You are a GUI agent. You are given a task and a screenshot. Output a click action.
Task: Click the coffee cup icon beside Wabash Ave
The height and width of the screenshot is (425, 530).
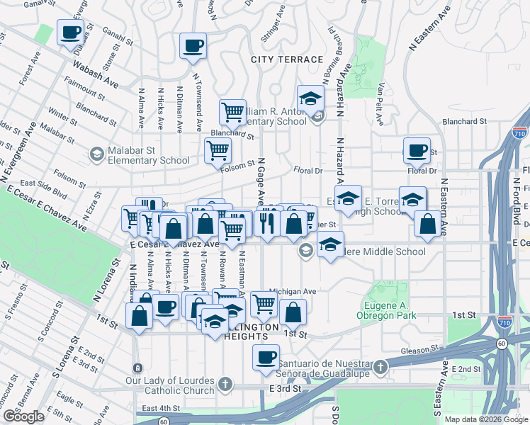70,33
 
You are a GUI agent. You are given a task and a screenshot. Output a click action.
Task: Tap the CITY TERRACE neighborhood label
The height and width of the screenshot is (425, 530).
287,59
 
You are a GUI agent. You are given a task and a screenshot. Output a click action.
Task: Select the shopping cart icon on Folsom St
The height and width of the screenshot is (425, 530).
217,149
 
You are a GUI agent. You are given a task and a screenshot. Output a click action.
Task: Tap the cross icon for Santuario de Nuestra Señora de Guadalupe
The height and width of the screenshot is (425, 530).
381,366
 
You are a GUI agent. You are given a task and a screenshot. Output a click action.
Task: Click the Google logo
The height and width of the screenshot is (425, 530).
23,417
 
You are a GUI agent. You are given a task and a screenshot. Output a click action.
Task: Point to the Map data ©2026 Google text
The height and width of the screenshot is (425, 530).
486,419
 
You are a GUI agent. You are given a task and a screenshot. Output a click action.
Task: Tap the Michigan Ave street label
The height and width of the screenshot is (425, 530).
293,291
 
